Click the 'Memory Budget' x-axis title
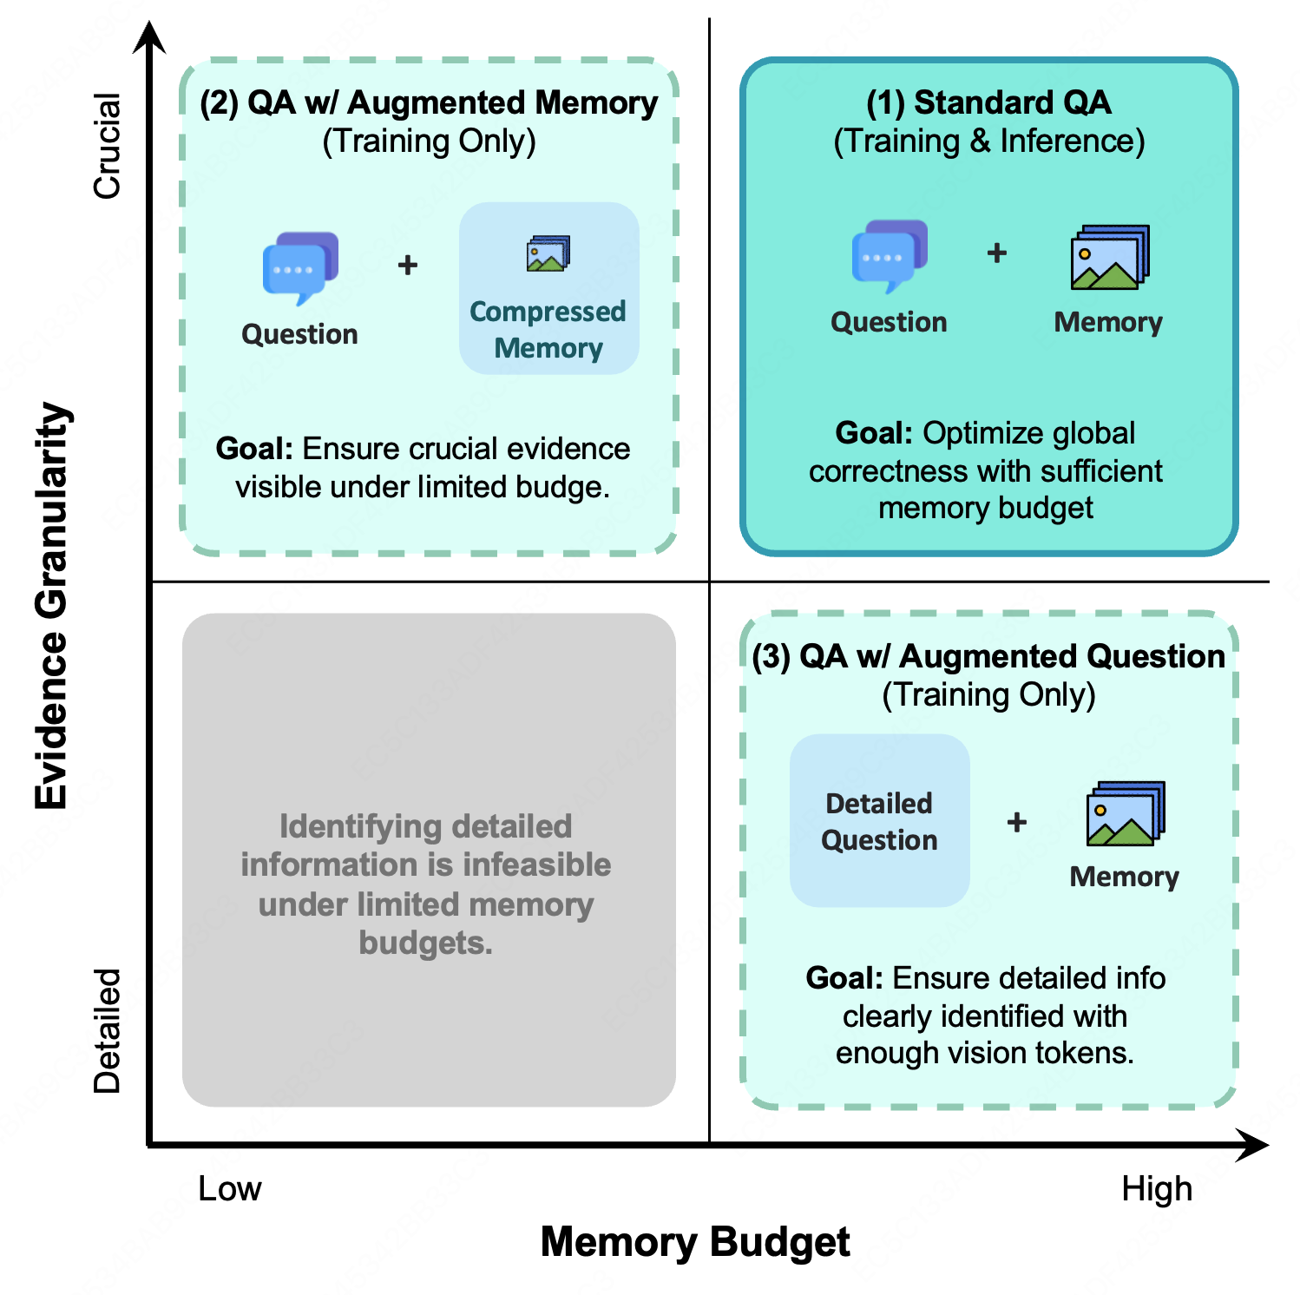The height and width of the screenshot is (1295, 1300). (694, 1241)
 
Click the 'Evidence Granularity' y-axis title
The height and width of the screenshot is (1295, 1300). (52, 605)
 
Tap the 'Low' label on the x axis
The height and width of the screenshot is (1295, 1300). (229, 1188)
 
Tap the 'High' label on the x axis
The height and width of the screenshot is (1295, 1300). (1156, 1188)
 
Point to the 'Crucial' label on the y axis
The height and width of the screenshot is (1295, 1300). (107, 146)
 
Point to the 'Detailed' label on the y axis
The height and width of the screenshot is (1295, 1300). (107, 1030)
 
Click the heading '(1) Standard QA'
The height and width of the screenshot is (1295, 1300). (988, 102)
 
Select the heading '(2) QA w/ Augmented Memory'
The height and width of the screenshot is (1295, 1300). (429, 102)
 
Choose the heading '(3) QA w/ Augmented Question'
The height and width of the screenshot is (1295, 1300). (988, 656)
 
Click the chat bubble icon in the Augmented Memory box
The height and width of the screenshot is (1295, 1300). (300, 267)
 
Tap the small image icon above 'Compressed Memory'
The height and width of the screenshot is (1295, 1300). (548, 254)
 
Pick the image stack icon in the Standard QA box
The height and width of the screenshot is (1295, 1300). (1110, 258)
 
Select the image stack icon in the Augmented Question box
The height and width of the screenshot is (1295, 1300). (1125, 813)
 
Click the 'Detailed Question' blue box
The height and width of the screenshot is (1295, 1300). (879, 821)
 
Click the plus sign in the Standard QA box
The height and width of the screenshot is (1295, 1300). (997, 253)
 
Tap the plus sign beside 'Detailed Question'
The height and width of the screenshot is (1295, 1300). (1016, 822)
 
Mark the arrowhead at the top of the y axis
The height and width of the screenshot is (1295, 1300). (151, 38)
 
